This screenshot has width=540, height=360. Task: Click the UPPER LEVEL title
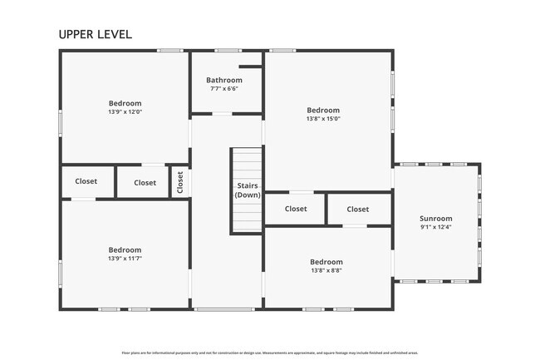[95, 34]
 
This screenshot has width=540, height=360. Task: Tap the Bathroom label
[224, 80]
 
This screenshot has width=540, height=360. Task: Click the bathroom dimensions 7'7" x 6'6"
[224, 88]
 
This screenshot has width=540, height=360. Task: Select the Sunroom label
[436, 219]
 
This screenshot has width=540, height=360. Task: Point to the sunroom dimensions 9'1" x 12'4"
[436, 227]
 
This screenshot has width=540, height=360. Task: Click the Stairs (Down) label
[248, 190]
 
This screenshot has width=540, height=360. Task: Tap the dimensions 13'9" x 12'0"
[125, 111]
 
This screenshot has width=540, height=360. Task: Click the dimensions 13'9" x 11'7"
[125, 258]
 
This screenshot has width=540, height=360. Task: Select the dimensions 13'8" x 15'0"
[323, 119]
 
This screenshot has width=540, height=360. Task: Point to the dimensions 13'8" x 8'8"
[326, 269]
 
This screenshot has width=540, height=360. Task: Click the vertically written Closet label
[179, 182]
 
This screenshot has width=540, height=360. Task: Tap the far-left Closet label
[86, 181]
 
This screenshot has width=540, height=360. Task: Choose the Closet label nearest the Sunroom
[358, 210]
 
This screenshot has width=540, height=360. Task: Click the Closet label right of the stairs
[296, 209]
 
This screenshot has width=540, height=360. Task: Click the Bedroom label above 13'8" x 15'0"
[323, 110]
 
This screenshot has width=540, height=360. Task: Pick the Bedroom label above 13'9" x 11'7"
[125, 249]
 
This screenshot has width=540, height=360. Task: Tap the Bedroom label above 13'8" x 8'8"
[326, 261]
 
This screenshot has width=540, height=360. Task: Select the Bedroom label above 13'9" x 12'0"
[125, 103]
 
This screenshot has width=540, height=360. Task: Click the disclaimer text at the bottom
[269, 352]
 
